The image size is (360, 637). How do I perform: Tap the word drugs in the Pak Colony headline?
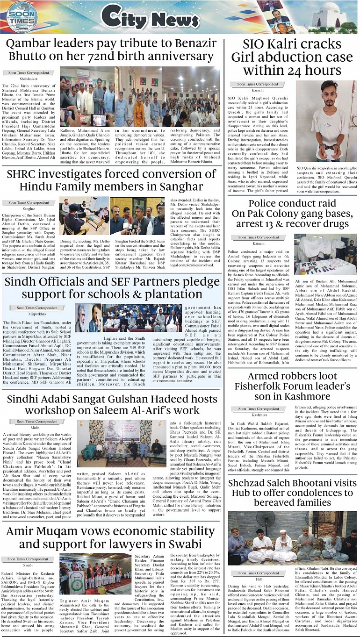pos(335,224)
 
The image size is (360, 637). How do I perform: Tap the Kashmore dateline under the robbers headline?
pos(259,415)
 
